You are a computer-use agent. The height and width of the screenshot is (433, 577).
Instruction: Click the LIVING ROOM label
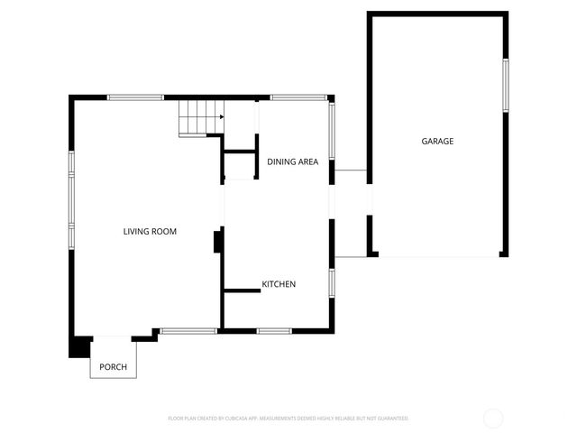point(150,232)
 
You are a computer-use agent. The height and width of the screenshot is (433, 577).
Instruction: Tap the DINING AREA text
point(292,161)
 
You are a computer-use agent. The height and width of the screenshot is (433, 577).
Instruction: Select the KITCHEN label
point(279,284)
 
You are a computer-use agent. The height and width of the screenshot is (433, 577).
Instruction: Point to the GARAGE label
point(437,141)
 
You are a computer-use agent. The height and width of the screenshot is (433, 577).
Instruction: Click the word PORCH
point(113,367)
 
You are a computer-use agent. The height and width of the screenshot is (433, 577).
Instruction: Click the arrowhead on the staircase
point(220,116)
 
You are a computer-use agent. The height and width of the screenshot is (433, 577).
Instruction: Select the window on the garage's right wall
point(506,86)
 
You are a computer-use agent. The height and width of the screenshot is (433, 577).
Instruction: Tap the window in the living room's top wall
point(135,97)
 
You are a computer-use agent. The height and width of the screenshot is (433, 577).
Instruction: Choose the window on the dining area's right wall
point(332,132)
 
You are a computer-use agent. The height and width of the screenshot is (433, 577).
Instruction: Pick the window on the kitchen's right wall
point(332,282)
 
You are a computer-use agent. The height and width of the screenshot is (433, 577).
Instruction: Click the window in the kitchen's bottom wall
point(273,331)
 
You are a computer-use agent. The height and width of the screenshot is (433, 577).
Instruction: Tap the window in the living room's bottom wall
point(188,331)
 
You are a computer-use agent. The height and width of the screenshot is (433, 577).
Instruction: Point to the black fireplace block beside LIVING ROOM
point(217,242)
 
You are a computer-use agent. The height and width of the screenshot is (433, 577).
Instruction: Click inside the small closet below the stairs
point(241,166)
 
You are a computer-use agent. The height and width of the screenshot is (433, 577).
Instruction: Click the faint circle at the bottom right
point(493,418)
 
